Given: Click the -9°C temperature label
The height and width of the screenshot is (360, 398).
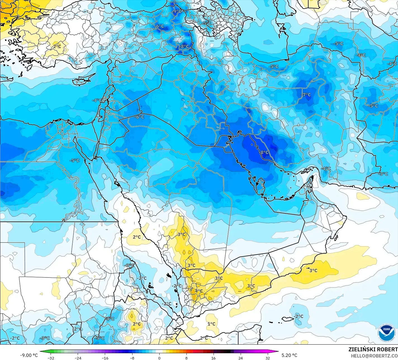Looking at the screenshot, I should coord(177,11).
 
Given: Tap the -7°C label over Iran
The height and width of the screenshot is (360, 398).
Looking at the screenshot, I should coord(306,95).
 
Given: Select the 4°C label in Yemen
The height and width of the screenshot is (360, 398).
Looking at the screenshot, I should coord(199,291).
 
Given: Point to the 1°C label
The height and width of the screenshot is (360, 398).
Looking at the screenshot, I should coord(211,324).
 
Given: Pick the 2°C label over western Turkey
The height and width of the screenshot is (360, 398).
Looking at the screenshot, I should coord(57,46).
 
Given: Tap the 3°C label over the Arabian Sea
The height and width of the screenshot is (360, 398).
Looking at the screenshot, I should coord(313,270).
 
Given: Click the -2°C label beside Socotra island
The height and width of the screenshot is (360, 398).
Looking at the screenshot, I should coord(298,316).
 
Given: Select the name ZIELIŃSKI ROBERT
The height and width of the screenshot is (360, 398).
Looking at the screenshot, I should coord(373,349).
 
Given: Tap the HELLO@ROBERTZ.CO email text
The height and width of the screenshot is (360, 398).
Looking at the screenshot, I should coord(374,356).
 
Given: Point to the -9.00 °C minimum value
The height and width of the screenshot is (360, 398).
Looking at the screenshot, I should coord(29,355).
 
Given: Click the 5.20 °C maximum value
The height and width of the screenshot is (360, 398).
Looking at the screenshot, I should coord(289,355).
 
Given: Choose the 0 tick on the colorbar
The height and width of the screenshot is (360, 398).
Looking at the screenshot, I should coord(159,358).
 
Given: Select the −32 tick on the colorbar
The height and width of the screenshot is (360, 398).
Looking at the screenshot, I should coord(51,358).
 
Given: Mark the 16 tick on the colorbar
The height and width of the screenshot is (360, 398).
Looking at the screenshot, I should coord(214,358).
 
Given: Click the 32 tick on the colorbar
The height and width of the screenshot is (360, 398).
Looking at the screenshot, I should coord(267,358).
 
